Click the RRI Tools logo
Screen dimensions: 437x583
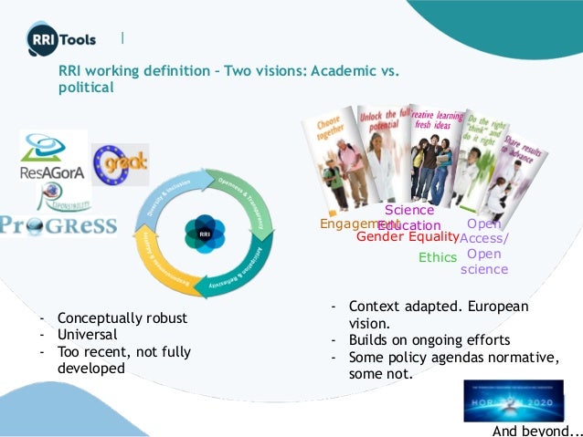point(62,41)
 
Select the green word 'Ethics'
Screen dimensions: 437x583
point(437,257)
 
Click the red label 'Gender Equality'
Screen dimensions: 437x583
point(407,238)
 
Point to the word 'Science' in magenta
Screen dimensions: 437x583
point(408,211)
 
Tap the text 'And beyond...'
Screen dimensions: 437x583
point(536,430)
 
